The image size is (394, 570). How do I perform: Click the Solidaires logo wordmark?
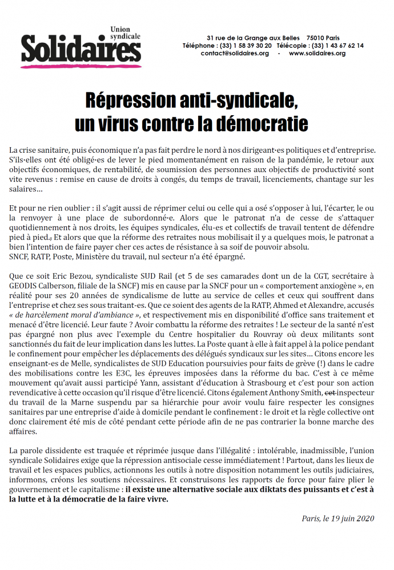click(x=82, y=51)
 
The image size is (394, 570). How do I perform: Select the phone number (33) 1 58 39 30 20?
click(x=247, y=45)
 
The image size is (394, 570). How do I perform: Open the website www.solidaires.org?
click(x=317, y=53)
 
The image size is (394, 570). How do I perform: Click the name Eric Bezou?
click(x=72, y=275)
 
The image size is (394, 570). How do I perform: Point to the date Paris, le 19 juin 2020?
click(x=338, y=518)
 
